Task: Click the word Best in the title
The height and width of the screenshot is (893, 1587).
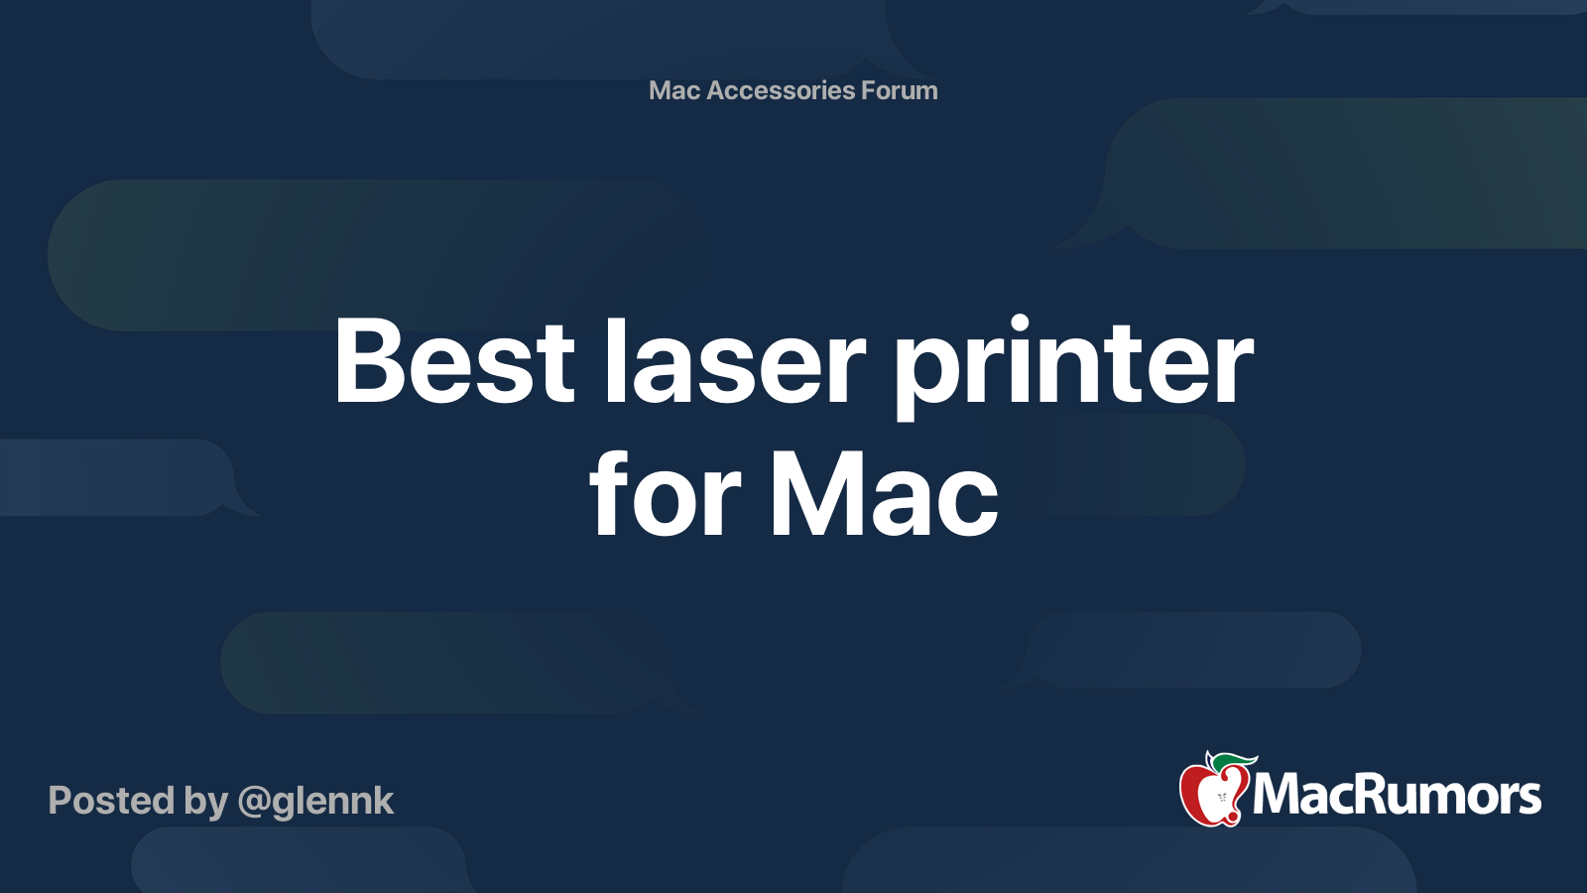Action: click(454, 362)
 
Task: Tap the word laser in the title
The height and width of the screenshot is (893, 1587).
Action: click(735, 362)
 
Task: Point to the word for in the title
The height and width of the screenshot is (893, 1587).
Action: click(665, 494)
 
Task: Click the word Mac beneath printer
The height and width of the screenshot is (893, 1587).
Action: click(884, 494)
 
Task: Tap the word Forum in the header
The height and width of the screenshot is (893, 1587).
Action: click(899, 90)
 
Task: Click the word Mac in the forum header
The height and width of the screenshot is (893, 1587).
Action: click(674, 90)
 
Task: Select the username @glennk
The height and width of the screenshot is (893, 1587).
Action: click(315, 801)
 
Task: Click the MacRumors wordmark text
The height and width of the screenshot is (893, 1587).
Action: click(1397, 795)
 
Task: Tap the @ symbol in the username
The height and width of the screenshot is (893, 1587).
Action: click(255, 802)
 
